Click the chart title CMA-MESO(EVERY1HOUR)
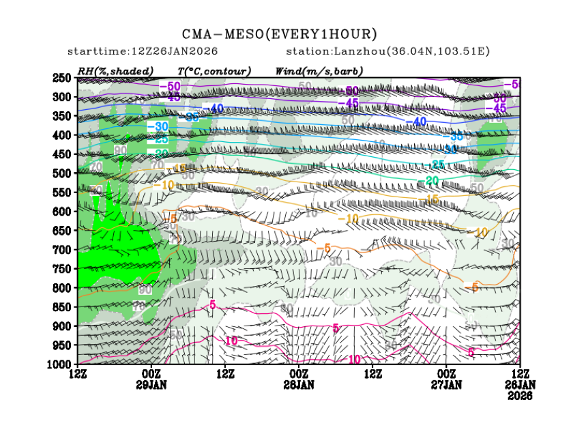(x=279, y=33)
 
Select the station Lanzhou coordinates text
(x=387, y=52)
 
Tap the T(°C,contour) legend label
(x=214, y=71)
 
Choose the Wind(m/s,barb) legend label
(x=319, y=71)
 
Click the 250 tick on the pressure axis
(x=63, y=78)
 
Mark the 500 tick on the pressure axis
(x=63, y=173)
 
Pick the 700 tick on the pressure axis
(x=63, y=250)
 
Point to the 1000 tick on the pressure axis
(x=60, y=365)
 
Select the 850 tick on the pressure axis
(x=63, y=307)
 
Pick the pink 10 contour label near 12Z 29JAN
(x=231, y=341)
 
